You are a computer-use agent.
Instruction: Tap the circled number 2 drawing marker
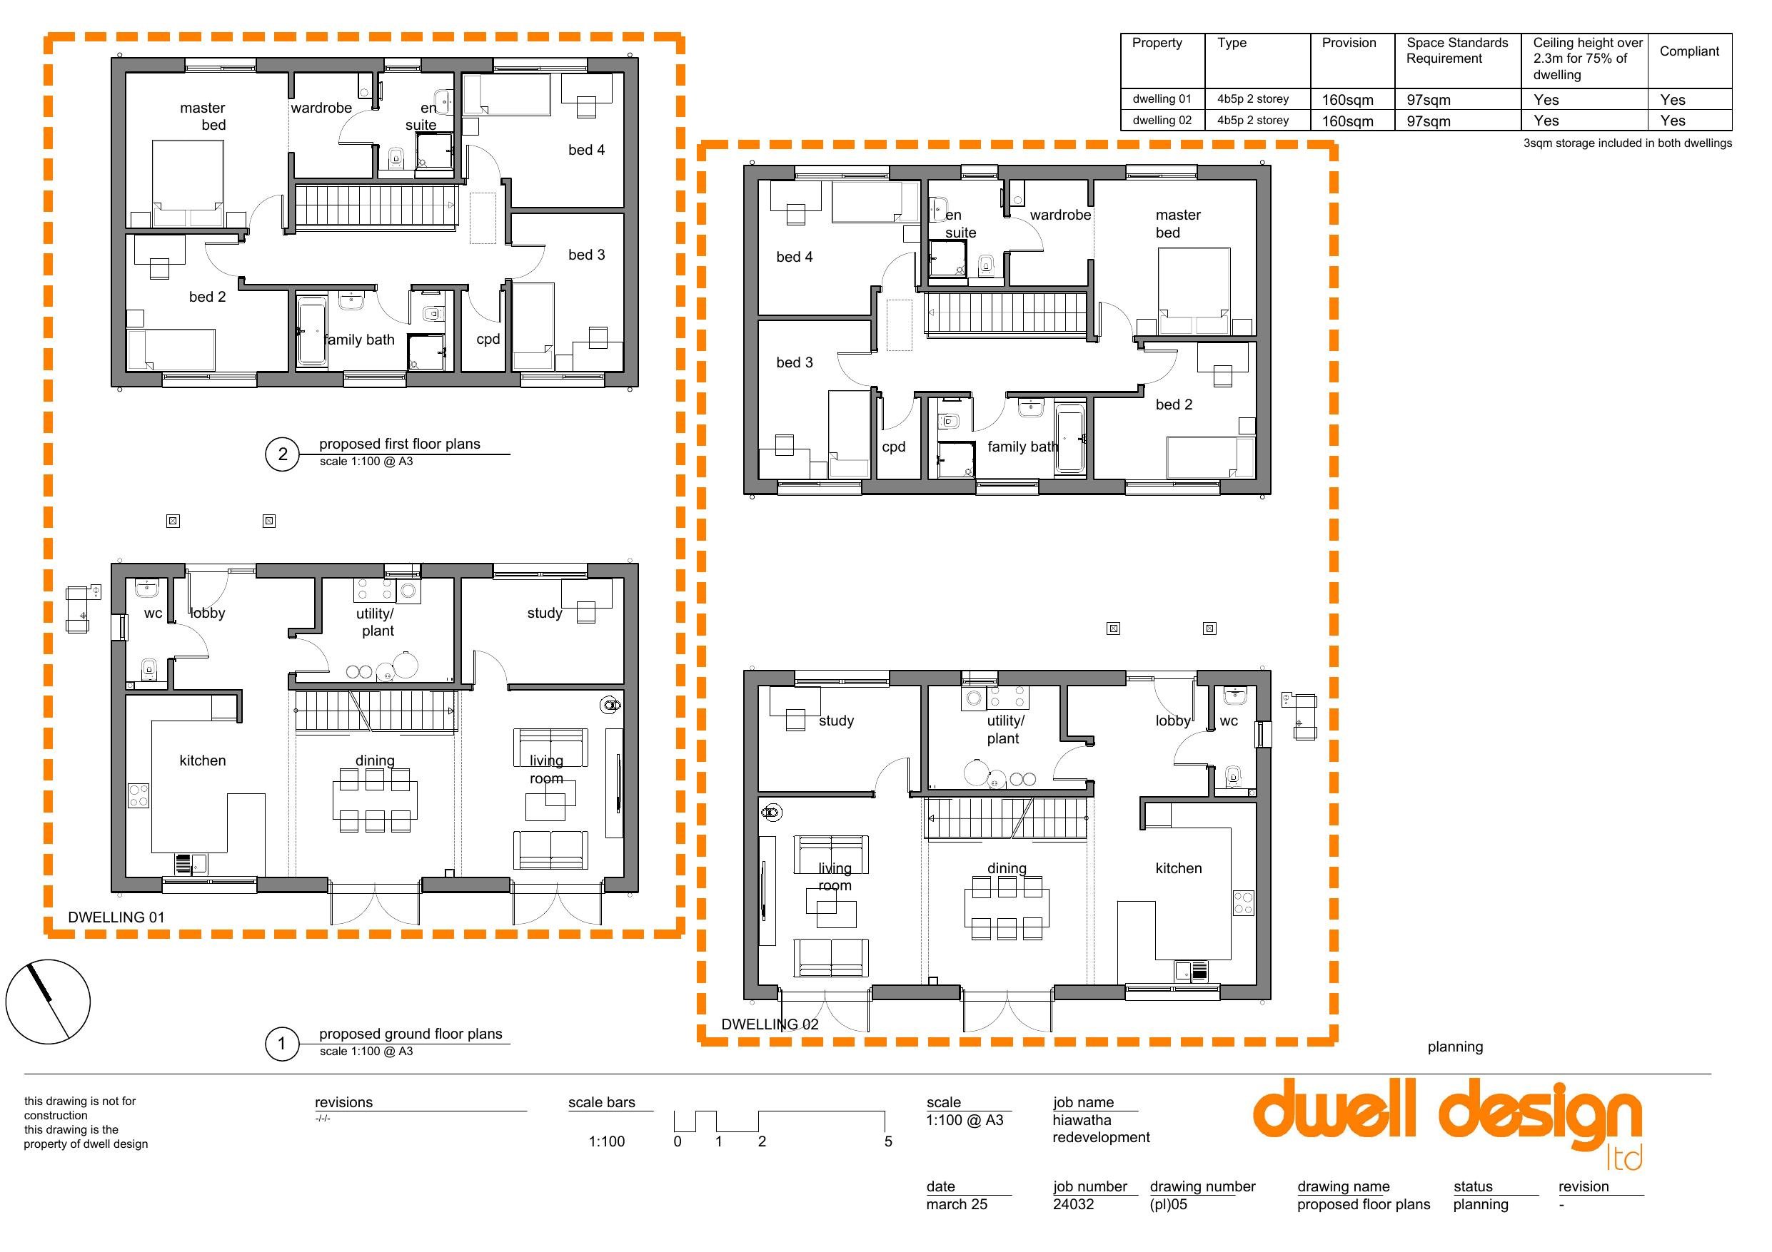(x=283, y=454)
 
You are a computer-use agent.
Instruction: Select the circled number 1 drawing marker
(x=282, y=1044)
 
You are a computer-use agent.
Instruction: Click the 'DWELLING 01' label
(x=116, y=917)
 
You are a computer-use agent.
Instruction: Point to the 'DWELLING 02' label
(x=770, y=1024)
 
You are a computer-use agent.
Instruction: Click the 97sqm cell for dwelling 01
(x=1429, y=99)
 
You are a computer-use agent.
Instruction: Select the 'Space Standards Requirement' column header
(x=1457, y=50)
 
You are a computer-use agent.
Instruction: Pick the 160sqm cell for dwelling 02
(x=1347, y=121)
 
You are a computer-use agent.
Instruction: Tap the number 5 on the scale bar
(x=888, y=1141)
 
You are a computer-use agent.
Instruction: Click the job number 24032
(x=1074, y=1204)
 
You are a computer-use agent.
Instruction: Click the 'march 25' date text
(x=957, y=1204)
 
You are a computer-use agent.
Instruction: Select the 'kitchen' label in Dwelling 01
(x=203, y=760)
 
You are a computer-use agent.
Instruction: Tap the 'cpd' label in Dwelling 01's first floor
(x=488, y=340)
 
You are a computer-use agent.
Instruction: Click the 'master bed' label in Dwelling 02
(x=1178, y=224)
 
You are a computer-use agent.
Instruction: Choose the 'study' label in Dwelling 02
(x=837, y=721)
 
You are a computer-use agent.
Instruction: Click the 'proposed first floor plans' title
(x=400, y=444)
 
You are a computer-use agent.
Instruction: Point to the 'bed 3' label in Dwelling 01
(x=587, y=255)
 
